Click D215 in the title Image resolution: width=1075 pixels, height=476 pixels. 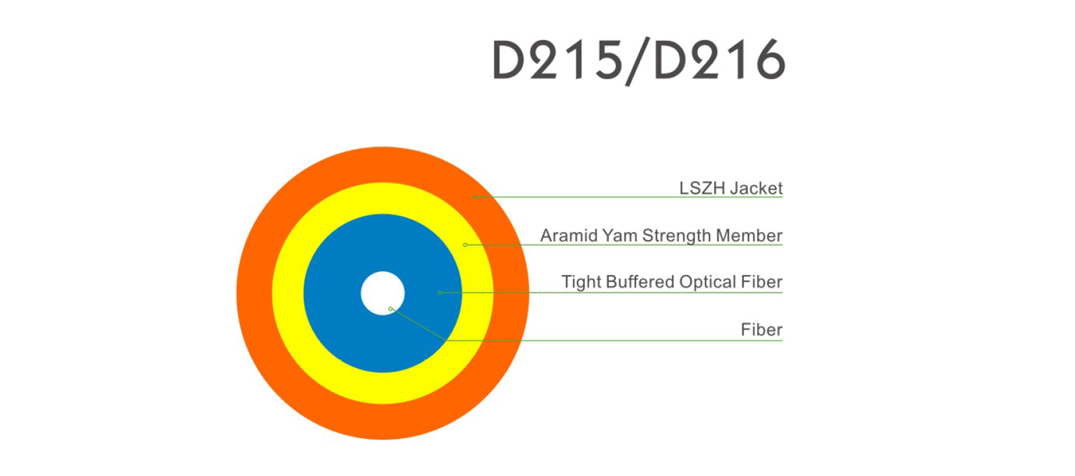coord(557,60)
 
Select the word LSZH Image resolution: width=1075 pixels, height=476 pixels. coord(702,188)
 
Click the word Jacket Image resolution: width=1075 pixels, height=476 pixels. coord(756,188)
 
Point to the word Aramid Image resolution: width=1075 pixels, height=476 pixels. coord(568,236)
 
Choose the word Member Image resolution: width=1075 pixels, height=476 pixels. coord(749,236)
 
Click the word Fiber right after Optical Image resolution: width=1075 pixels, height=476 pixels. coord(762,282)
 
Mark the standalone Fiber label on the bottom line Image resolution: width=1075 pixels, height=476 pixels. coord(762,330)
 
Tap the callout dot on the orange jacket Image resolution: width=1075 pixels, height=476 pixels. coord(475,197)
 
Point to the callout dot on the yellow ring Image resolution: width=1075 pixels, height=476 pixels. coord(465,245)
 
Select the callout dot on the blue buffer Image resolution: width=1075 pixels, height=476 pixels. coord(440,293)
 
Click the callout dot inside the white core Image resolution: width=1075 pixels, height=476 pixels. coord(391,309)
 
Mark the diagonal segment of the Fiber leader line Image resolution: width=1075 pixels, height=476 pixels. coord(418,325)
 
